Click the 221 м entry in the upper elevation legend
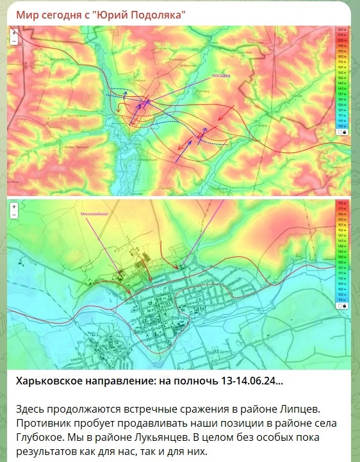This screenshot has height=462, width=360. tap(341, 30)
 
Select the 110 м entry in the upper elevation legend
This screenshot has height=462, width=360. tap(341, 126)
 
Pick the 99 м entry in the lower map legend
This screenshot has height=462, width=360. tap(341, 299)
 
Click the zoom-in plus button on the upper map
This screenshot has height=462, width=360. tap(13, 31)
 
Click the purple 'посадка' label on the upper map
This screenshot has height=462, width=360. tap(221, 76)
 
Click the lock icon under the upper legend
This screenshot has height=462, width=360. tap(344, 133)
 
